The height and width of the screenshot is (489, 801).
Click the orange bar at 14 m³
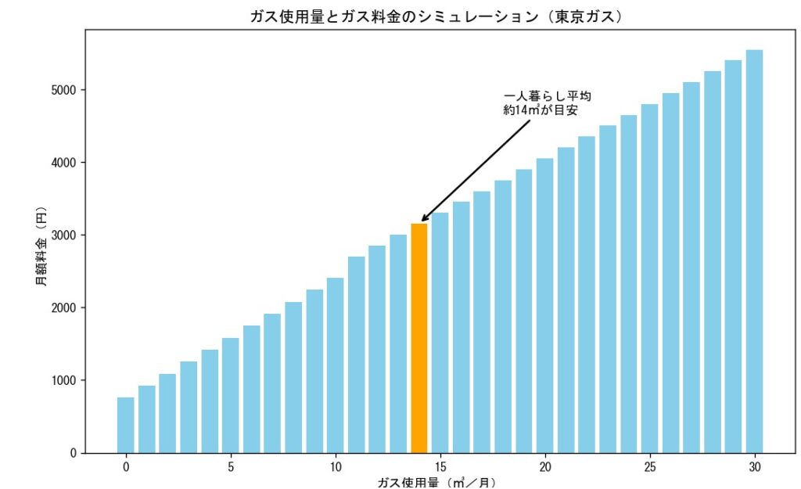[x=418, y=338]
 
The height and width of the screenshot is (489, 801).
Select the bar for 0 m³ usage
[x=125, y=425]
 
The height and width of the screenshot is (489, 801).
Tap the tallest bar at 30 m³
[x=754, y=251]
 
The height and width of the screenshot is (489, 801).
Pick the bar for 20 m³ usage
[x=544, y=305]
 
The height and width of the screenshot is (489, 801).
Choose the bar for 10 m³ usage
[x=335, y=365]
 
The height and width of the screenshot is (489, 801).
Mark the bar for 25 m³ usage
[x=649, y=278]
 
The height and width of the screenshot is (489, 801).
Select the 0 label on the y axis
[x=74, y=453]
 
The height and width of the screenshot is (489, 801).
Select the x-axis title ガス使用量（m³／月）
[x=436, y=483]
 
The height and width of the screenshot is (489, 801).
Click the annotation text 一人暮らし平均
[x=547, y=96]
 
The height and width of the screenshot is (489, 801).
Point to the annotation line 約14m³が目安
[x=541, y=111]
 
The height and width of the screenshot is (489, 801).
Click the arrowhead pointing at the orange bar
[x=423, y=220]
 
